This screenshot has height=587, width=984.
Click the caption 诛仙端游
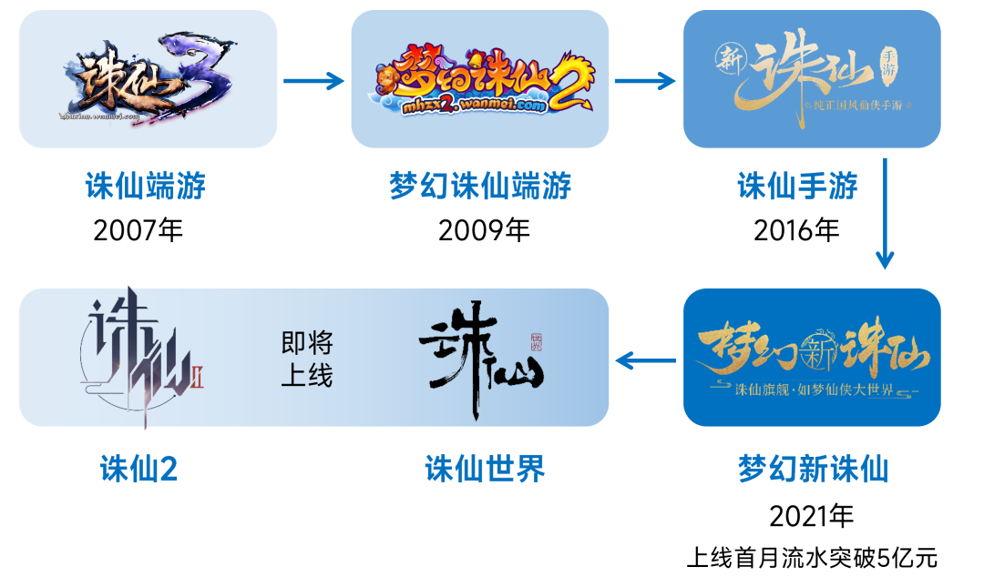146,187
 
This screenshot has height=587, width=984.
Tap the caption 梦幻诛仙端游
480,187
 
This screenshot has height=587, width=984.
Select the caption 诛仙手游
797,187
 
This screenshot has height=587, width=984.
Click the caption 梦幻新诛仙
812,470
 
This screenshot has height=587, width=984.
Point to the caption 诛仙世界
485,470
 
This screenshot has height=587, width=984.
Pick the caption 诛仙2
138,470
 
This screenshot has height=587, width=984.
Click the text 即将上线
307,359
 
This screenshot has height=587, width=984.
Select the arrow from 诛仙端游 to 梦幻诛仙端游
314,81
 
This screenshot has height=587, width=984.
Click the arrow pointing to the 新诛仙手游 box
645,81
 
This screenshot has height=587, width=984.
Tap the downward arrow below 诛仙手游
884,215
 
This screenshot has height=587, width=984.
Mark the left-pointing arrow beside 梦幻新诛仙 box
645,361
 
